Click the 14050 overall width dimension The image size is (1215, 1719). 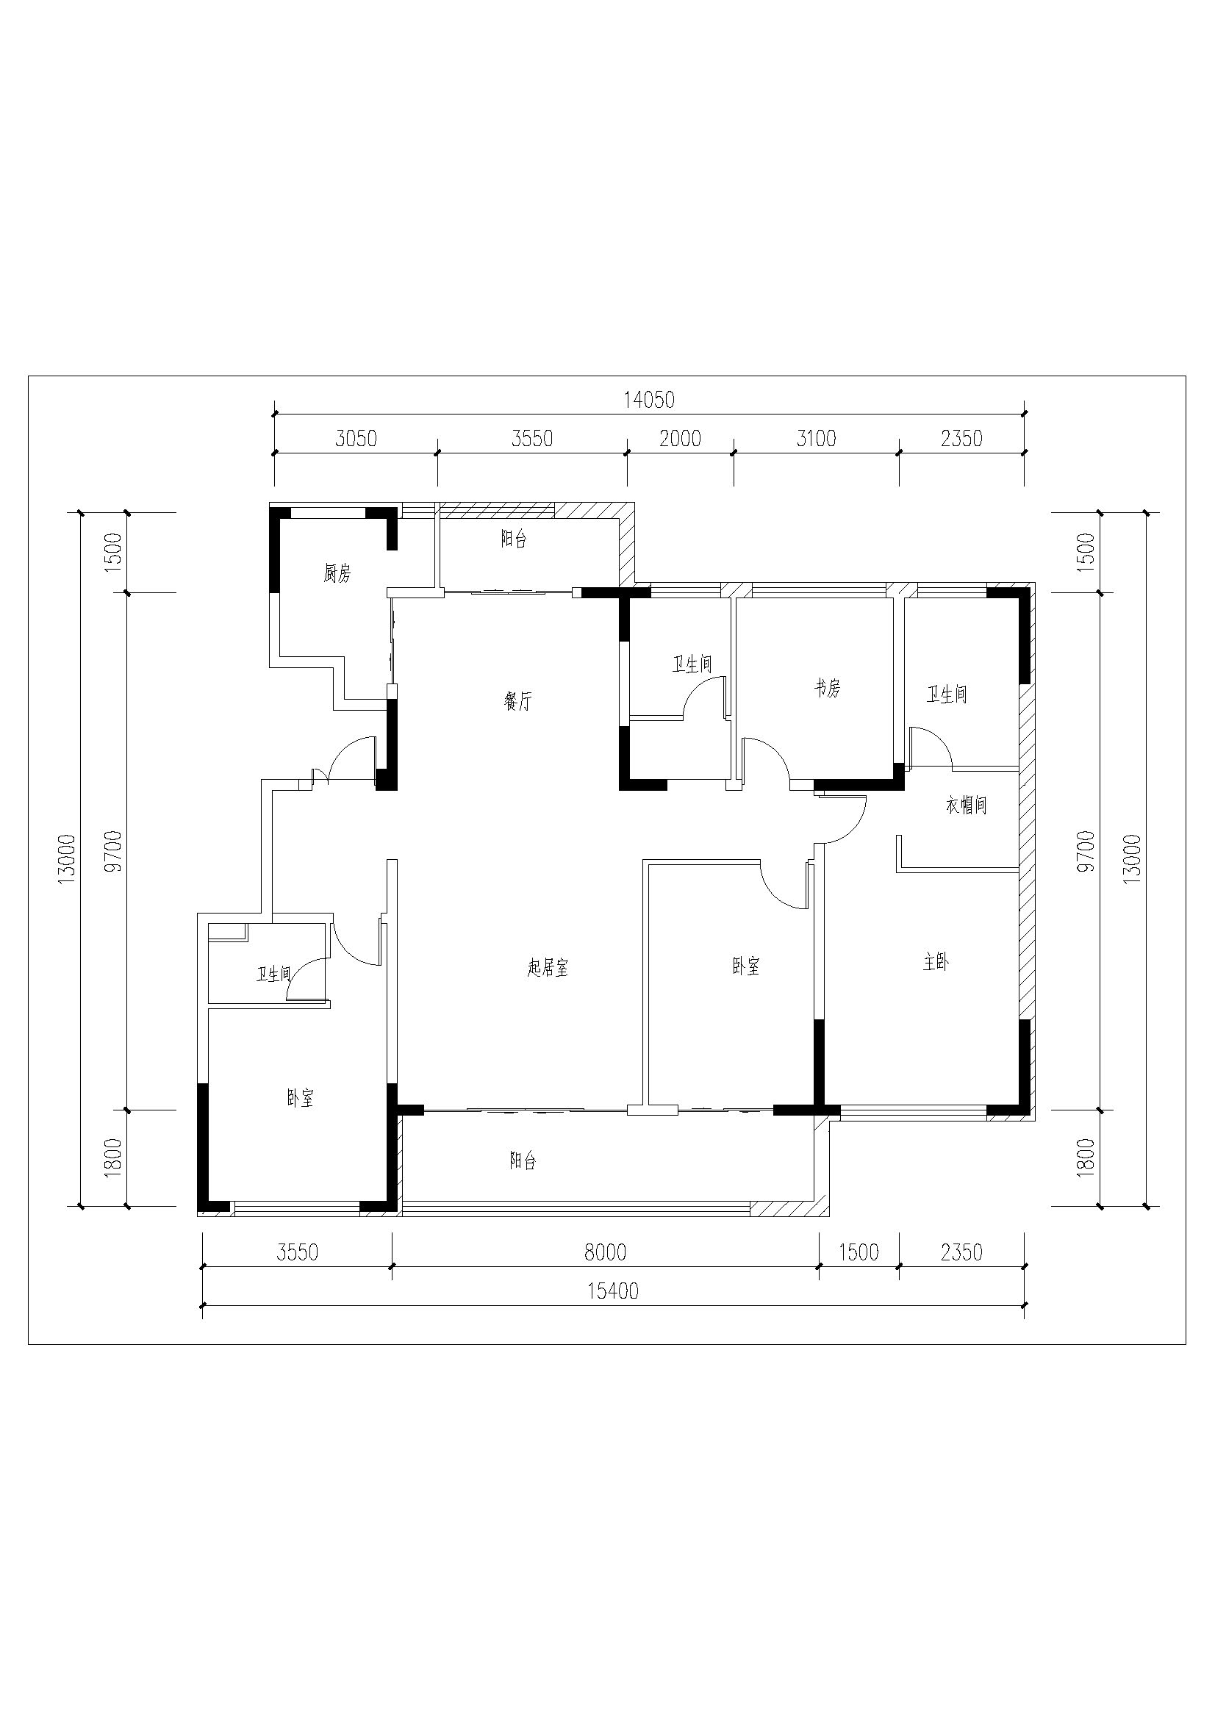[x=649, y=401]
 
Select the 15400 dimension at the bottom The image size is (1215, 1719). [x=613, y=1291]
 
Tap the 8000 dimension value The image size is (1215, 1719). [x=605, y=1252]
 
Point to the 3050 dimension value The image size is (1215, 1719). [x=356, y=438]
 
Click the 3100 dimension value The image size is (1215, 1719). [x=816, y=438]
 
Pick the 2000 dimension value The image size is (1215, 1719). [x=681, y=438]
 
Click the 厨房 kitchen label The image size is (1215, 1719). [x=337, y=574]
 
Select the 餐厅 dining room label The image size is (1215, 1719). [x=518, y=702]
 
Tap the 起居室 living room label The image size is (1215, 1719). [x=548, y=968]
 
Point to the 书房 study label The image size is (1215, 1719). [x=828, y=688]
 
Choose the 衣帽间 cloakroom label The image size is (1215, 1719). [x=967, y=805]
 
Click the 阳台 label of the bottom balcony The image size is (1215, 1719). [x=523, y=1161]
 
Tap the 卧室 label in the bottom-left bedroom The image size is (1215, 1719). [x=300, y=1098]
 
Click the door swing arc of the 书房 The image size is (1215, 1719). [x=775, y=750]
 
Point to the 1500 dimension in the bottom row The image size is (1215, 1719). [x=859, y=1252]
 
